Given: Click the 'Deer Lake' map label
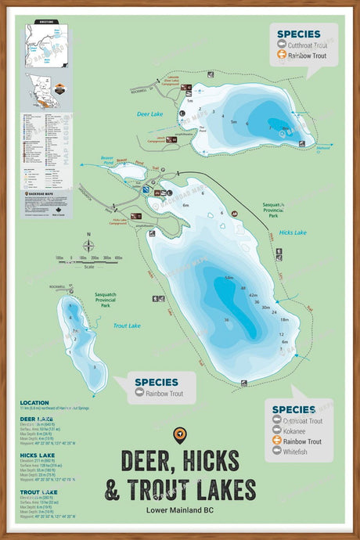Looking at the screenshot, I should click(149, 113).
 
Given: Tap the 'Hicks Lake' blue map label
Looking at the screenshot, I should click(293, 232).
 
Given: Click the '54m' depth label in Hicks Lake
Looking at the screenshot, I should click(229, 278).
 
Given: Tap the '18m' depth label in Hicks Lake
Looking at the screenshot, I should click(285, 319).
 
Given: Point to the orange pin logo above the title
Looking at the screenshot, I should click(180, 434).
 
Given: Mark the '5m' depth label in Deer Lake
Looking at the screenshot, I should click(233, 122).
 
